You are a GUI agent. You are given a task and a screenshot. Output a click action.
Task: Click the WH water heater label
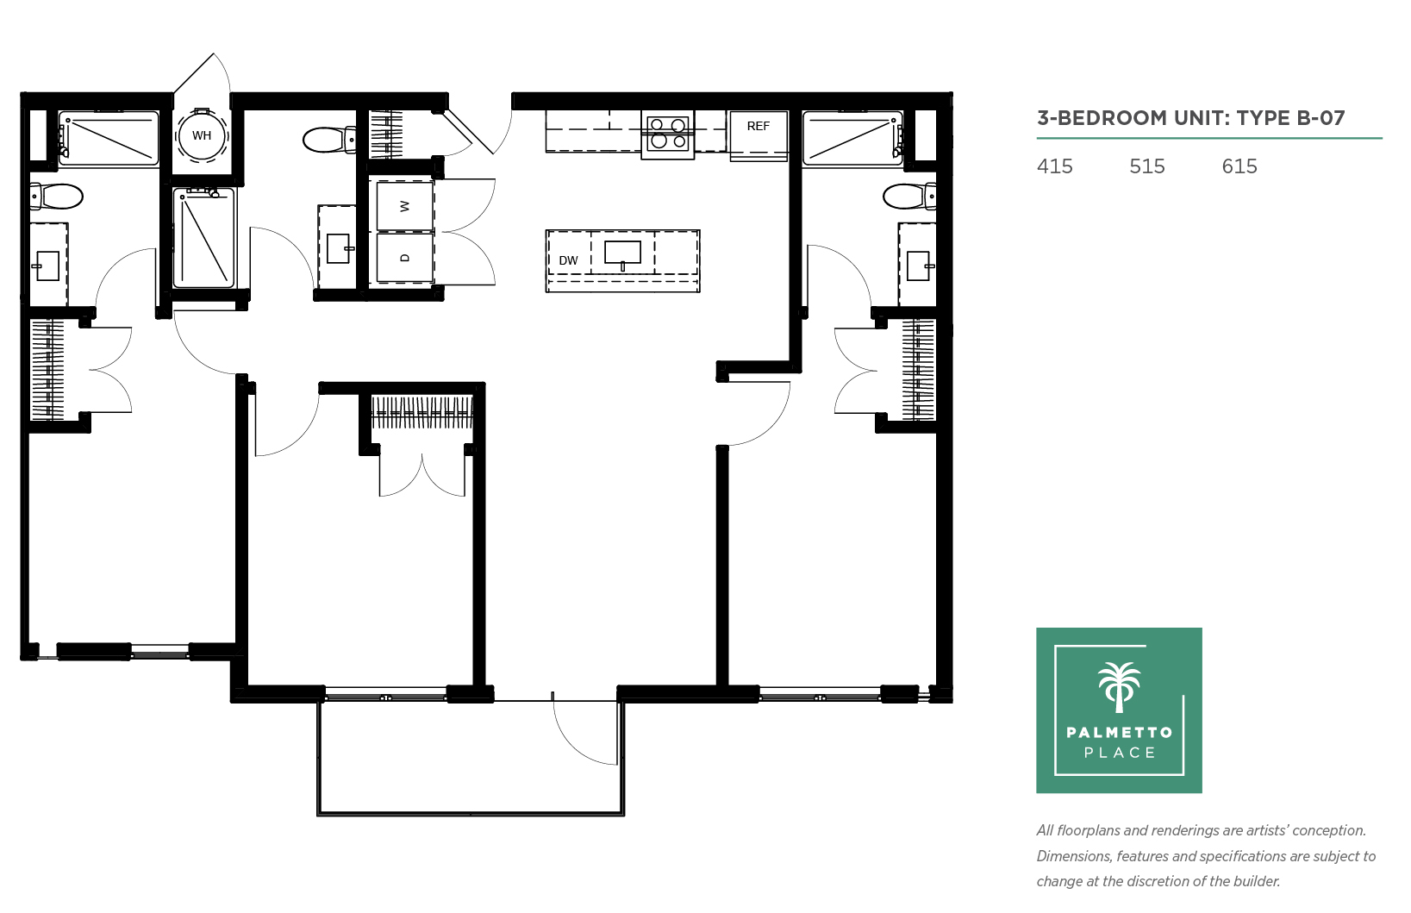[x=202, y=135]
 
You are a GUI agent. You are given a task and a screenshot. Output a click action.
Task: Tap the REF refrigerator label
[x=759, y=126]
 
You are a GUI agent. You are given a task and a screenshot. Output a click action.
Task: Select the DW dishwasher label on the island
[x=568, y=260]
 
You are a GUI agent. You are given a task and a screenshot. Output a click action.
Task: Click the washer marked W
[x=405, y=206]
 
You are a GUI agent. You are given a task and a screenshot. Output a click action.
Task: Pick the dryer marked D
[x=405, y=258]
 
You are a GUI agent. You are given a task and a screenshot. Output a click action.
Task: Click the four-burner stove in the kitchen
[x=668, y=134]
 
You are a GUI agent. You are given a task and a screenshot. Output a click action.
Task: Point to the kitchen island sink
[x=622, y=254]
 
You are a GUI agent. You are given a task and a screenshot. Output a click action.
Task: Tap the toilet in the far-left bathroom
[x=57, y=197]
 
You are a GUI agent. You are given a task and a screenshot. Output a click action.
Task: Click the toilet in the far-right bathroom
[x=909, y=197]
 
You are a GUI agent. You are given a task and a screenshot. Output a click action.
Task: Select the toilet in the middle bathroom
[x=329, y=140]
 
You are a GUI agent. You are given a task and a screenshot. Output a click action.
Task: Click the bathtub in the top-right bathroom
[x=852, y=139]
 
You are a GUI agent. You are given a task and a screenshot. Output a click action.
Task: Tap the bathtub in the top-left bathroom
[x=109, y=139]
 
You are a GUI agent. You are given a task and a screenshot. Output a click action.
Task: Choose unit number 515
[x=1147, y=166]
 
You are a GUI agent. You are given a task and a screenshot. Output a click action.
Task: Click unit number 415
[x=1054, y=166]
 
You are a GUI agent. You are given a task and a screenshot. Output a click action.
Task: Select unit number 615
[x=1239, y=166]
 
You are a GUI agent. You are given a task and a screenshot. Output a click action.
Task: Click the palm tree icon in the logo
[x=1119, y=687]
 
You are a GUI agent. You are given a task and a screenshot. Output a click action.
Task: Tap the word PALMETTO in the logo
[x=1120, y=732]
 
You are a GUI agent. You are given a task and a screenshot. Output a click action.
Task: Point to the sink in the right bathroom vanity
[x=919, y=266]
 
